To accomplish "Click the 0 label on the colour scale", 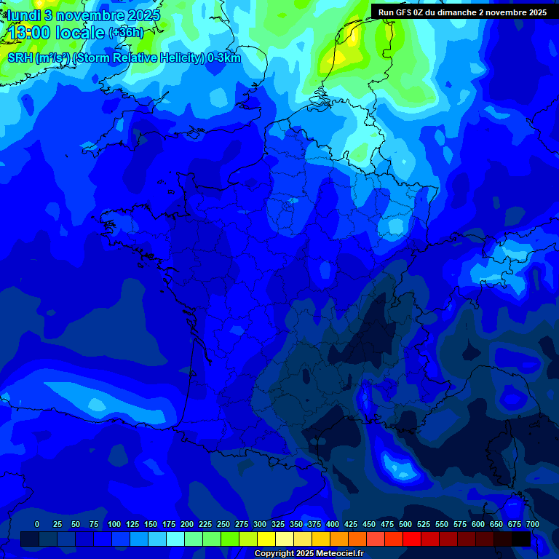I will click(37, 525).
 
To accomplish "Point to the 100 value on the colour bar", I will click(114, 525).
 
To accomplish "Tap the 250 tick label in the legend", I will click(223, 525).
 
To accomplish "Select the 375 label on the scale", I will click(314, 525).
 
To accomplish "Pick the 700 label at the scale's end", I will click(532, 525).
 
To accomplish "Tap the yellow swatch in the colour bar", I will click(266, 539).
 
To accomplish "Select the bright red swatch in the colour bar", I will click(412, 539).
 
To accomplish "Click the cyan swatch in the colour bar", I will click(175, 539).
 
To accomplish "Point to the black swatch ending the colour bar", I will click(521, 539).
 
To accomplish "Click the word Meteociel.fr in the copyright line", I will click(340, 554).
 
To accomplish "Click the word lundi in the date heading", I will click(23, 15).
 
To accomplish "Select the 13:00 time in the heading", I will click(29, 33).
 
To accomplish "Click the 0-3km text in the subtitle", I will click(224, 58).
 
